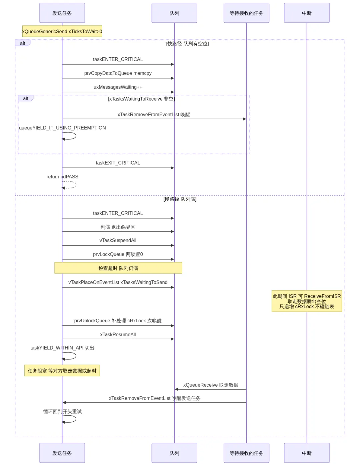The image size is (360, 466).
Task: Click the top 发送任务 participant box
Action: click(62, 13)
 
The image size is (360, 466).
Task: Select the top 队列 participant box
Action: click(174, 13)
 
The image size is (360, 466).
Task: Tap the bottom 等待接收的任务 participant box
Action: click(246, 453)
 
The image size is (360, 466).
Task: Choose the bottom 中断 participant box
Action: click(307, 453)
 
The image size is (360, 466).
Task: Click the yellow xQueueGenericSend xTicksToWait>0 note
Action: click(62, 31)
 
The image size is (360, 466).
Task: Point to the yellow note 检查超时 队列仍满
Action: click(118, 268)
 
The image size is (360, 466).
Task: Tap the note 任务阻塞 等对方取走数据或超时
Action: click(62, 371)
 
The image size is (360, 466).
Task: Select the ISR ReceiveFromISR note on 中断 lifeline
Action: click(307, 301)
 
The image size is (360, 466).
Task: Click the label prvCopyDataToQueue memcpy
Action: click(118, 73)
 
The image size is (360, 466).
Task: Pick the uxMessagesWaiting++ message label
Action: click(118, 87)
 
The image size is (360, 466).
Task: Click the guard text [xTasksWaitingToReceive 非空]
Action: click(142, 99)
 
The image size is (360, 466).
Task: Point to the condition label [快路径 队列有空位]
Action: click(187, 44)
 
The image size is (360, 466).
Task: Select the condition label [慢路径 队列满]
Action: click(180, 199)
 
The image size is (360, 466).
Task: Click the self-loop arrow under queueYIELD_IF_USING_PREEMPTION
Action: click(76, 136)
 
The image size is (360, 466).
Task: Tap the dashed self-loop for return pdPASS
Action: click(76, 185)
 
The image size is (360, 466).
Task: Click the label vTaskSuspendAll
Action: click(118, 240)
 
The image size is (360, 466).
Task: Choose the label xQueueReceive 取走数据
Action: click(211, 385)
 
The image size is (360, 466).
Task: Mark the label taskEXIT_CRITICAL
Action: click(118, 163)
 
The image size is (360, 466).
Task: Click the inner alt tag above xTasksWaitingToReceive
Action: click(26, 98)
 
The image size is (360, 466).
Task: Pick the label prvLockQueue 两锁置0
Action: click(118, 254)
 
